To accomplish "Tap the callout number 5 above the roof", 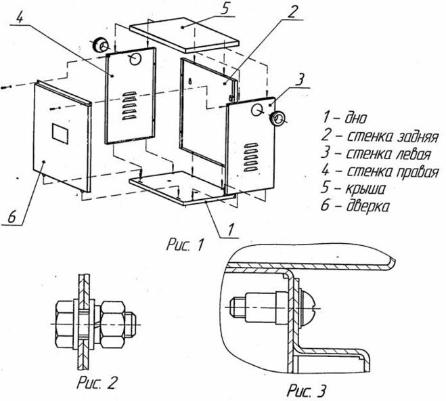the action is coord(225,9).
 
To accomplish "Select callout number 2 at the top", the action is coord(293,12).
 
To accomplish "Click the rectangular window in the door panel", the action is coord(60,133).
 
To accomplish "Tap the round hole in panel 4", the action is coord(135,59).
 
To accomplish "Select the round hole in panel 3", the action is coord(257,110).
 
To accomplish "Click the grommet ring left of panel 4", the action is coord(100,45).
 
